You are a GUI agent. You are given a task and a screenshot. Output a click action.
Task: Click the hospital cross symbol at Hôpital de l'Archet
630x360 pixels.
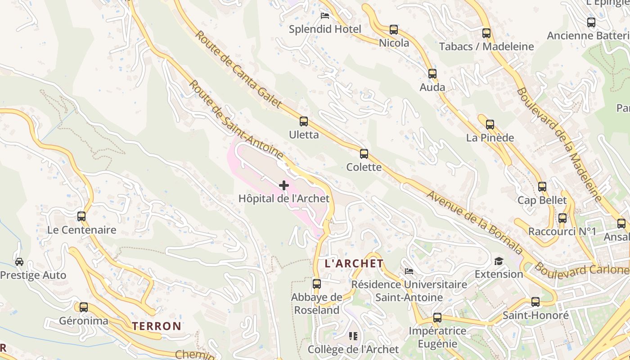284,185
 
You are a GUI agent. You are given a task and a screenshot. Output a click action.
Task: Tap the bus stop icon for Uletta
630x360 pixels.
304,121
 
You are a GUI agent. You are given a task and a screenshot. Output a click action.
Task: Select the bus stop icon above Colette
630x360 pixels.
364,154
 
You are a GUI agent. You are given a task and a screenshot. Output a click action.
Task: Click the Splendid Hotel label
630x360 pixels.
325,29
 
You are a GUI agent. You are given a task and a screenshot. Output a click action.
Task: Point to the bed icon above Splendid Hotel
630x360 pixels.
325,16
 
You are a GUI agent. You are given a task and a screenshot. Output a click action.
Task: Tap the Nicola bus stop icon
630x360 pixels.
394,30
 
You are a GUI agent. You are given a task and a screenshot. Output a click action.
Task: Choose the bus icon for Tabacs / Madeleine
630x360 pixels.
486,33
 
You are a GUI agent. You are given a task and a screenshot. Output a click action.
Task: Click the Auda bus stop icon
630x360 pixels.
432,73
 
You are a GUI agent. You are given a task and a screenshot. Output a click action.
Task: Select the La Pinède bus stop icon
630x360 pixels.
490,125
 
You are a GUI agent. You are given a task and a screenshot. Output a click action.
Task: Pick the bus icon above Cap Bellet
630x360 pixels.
542,186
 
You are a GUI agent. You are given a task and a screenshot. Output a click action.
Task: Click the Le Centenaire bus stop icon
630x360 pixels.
81,216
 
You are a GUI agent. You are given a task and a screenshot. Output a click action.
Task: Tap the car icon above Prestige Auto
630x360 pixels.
19,261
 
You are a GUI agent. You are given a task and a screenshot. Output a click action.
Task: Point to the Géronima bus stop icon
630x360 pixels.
84,307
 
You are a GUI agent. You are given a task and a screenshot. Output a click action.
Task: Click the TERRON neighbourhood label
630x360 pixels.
157,326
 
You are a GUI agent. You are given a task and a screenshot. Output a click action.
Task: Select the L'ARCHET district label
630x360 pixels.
354,264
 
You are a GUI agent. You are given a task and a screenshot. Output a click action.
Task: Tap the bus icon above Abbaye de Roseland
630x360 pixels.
317,283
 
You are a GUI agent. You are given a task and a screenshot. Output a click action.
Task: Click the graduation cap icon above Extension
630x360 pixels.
499,261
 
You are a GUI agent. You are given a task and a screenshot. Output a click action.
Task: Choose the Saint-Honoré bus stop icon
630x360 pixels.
535,301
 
